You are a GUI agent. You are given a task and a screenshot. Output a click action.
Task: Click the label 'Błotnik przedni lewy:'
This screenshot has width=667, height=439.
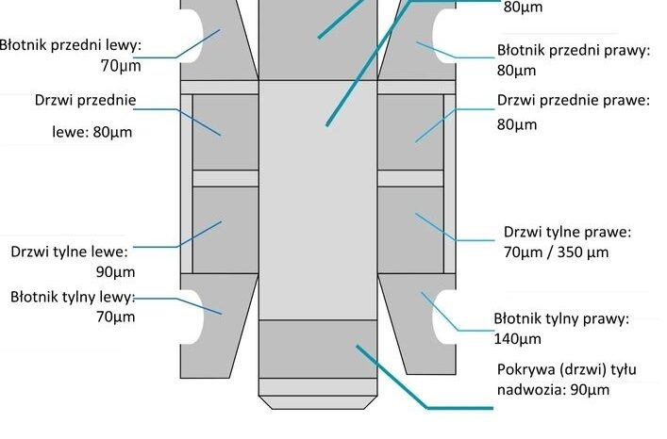point(71,43)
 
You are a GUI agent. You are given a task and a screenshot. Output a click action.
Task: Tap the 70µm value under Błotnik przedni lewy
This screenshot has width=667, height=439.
point(119,66)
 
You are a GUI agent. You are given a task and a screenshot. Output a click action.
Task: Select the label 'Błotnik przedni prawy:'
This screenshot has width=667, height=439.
point(574,51)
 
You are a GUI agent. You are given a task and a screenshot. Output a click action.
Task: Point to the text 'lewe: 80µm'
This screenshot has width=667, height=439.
point(91,132)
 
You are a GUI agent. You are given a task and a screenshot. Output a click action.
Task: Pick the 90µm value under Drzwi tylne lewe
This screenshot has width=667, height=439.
point(116,272)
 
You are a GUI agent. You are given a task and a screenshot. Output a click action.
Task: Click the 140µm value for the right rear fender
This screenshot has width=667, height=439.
point(518,339)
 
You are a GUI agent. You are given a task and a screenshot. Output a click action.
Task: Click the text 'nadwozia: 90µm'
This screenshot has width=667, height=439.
point(551,390)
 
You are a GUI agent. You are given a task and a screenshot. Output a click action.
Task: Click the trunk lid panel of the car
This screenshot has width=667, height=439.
point(317,348)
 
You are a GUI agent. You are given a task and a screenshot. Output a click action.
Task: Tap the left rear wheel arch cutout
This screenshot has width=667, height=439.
point(192,316)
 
